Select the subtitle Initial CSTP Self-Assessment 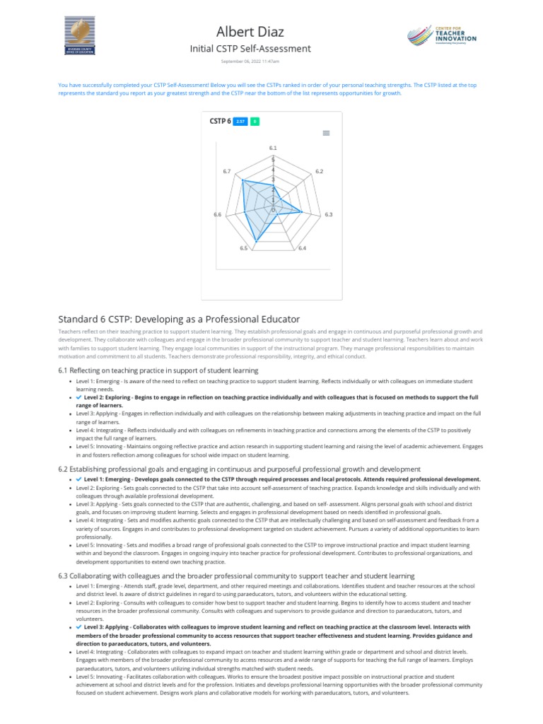(250, 49)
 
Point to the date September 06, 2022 (250, 62)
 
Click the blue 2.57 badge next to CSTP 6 (240, 122)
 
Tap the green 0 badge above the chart (255, 122)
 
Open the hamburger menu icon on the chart (326, 133)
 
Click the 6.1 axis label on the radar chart (273, 147)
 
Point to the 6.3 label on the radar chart (329, 214)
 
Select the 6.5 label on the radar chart (243, 248)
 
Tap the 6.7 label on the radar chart (226, 172)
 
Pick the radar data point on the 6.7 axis (243, 181)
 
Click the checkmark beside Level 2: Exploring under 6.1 (78, 397)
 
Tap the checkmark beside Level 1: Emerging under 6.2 (78, 479)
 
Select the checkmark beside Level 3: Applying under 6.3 (78, 626)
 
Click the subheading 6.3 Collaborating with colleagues (235, 576)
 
